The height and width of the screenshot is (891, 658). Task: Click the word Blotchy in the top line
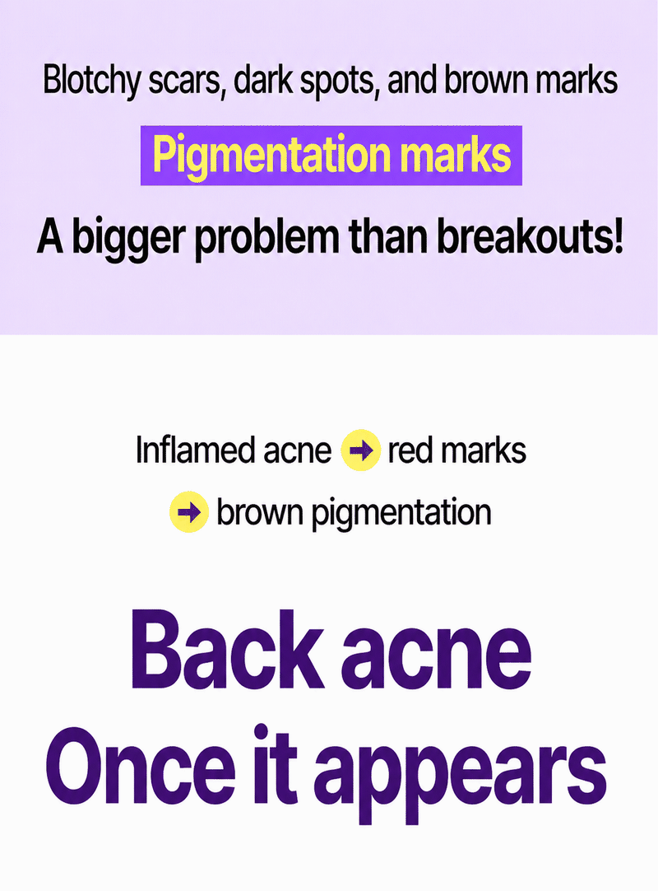click(x=91, y=81)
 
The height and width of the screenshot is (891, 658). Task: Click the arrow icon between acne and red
click(x=360, y=450)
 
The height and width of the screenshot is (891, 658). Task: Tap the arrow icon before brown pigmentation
click(x=189, y=512)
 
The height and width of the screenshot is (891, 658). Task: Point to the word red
click(x=409, y=450)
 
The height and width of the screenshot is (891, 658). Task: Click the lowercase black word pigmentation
click(x=401, y=514)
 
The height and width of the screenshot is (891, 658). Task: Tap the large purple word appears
click(x=461, y=777)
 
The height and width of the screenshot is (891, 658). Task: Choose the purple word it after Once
click(x=275, y=763)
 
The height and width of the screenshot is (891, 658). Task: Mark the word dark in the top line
click(x=263, y=81)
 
